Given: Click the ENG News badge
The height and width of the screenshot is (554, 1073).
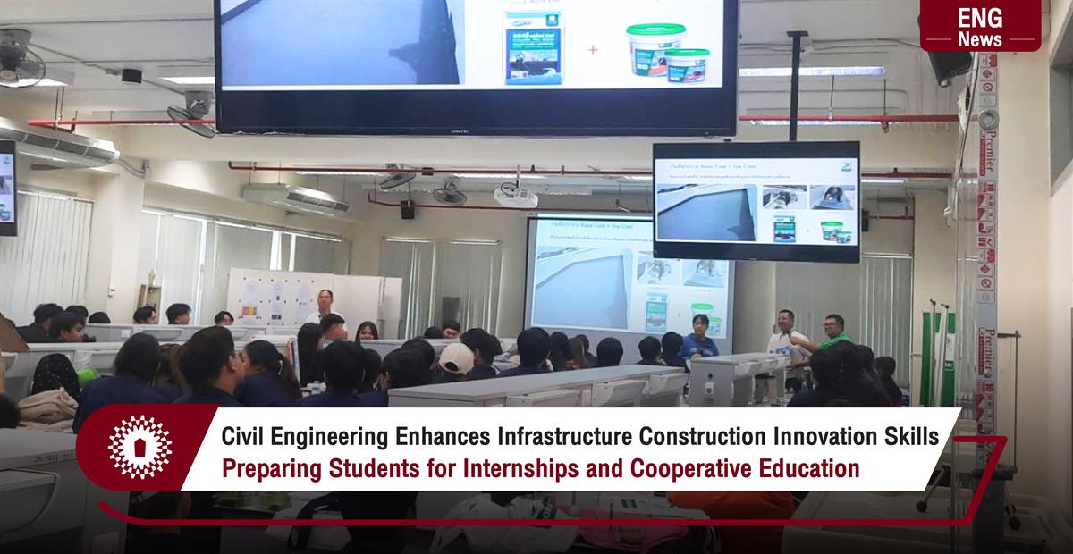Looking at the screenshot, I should coord(980,26).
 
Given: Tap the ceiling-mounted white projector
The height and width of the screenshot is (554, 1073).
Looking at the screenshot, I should coord(516,197).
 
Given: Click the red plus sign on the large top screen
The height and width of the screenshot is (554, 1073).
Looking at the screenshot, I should coord(592,50).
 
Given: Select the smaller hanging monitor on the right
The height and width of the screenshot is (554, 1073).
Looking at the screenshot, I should coord(756,201).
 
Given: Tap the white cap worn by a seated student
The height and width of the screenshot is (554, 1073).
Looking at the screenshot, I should coord(456,357).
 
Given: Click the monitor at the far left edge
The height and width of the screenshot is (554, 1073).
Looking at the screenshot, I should coord(7,188).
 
